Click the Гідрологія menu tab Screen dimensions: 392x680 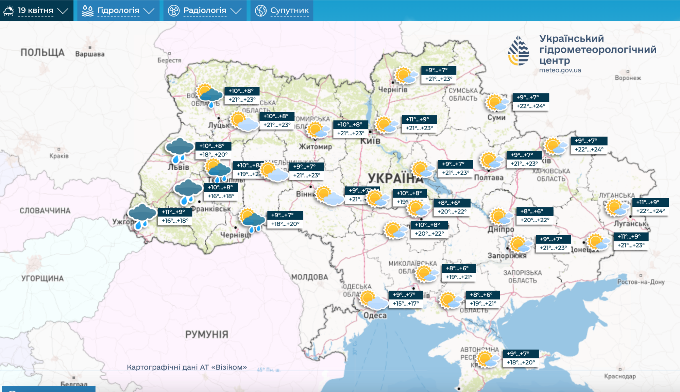click(118, 11)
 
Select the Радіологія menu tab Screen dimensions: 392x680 click(205, 11)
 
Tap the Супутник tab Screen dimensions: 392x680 click(282, 11)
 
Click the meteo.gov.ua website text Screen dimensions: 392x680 click(560, 70)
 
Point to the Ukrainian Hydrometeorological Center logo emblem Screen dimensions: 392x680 click(518, 51)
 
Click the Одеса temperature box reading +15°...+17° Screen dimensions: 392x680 click(406, 299)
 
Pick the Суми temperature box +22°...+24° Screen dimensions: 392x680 click(530, 102)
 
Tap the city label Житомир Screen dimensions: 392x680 click(315, 147)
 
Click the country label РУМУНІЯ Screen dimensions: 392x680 click(206, 335)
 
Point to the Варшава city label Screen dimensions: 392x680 click(90, 54)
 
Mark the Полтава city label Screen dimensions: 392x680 click(489, 177)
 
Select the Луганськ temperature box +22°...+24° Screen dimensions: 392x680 click(650, 207)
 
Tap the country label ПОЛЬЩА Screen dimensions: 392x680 click(42, 53)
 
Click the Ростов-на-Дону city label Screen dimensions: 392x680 click(641, 282)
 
